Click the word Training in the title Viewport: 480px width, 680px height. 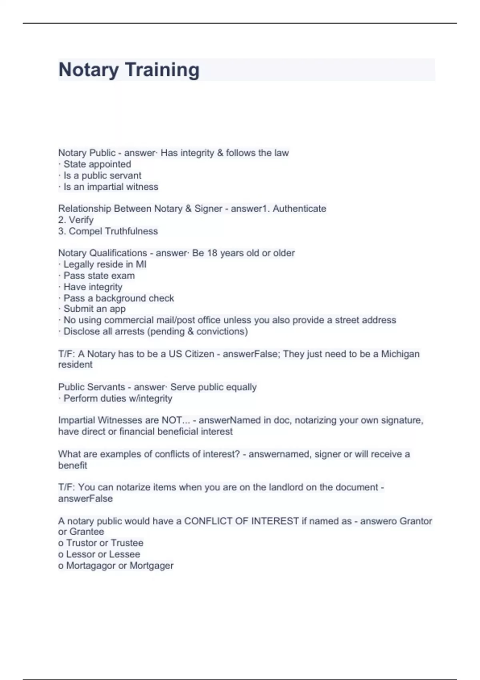(x=162, y=70)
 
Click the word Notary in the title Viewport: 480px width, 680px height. (x=88, y=70)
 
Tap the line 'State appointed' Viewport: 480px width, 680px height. (x=97, y=164)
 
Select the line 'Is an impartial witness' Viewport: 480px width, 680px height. (x=110, y=187)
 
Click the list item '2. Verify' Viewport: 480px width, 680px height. (x=76, y=220)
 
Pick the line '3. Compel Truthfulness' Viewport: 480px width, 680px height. (x=108, y=231)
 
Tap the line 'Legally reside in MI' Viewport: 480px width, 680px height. (x=104, y=264)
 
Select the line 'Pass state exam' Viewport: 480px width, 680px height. (x=99, y=276)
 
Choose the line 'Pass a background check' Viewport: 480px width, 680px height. (x=118, y=298)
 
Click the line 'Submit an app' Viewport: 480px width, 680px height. (x=94, y=309)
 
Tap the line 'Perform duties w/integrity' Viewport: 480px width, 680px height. (x=118, y=398)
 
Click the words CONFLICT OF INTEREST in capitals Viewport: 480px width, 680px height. (x=241, y=521)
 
